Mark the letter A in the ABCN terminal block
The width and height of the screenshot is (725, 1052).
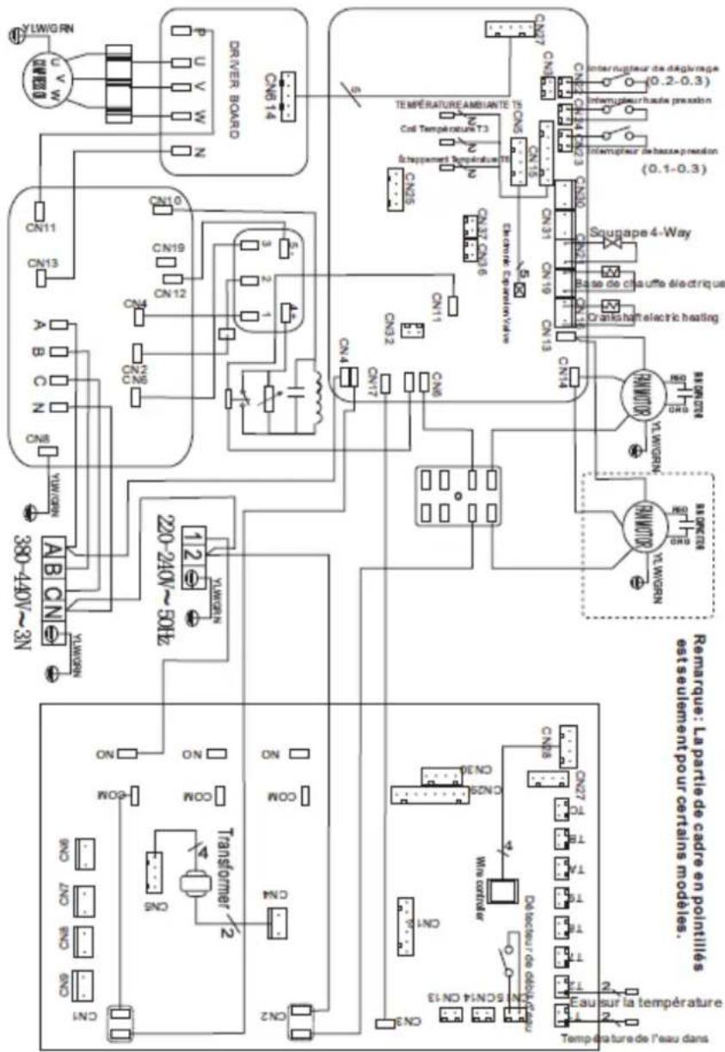pos(51,551)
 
